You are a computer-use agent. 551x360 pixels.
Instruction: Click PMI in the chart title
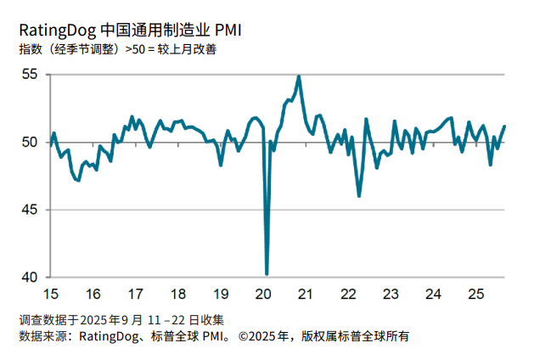(228, 31)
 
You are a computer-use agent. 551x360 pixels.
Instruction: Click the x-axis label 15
(50, 295)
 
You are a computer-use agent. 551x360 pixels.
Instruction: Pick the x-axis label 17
(135, 295)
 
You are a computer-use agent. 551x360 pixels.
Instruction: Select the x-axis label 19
(220, 295)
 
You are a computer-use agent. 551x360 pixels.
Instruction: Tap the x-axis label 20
(262, 295)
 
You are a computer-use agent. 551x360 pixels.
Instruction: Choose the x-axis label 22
(347, 295)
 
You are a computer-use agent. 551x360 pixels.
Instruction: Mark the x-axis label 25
(475, 295)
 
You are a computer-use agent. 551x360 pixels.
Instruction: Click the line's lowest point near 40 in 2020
(267, 273)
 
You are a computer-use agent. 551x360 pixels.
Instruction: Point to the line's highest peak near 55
(299, 76)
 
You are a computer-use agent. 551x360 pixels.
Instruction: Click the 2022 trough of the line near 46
(359, 196)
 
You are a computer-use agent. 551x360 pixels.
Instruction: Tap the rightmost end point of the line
(505, 126)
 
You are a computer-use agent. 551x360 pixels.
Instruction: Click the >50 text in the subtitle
(134, 49)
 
